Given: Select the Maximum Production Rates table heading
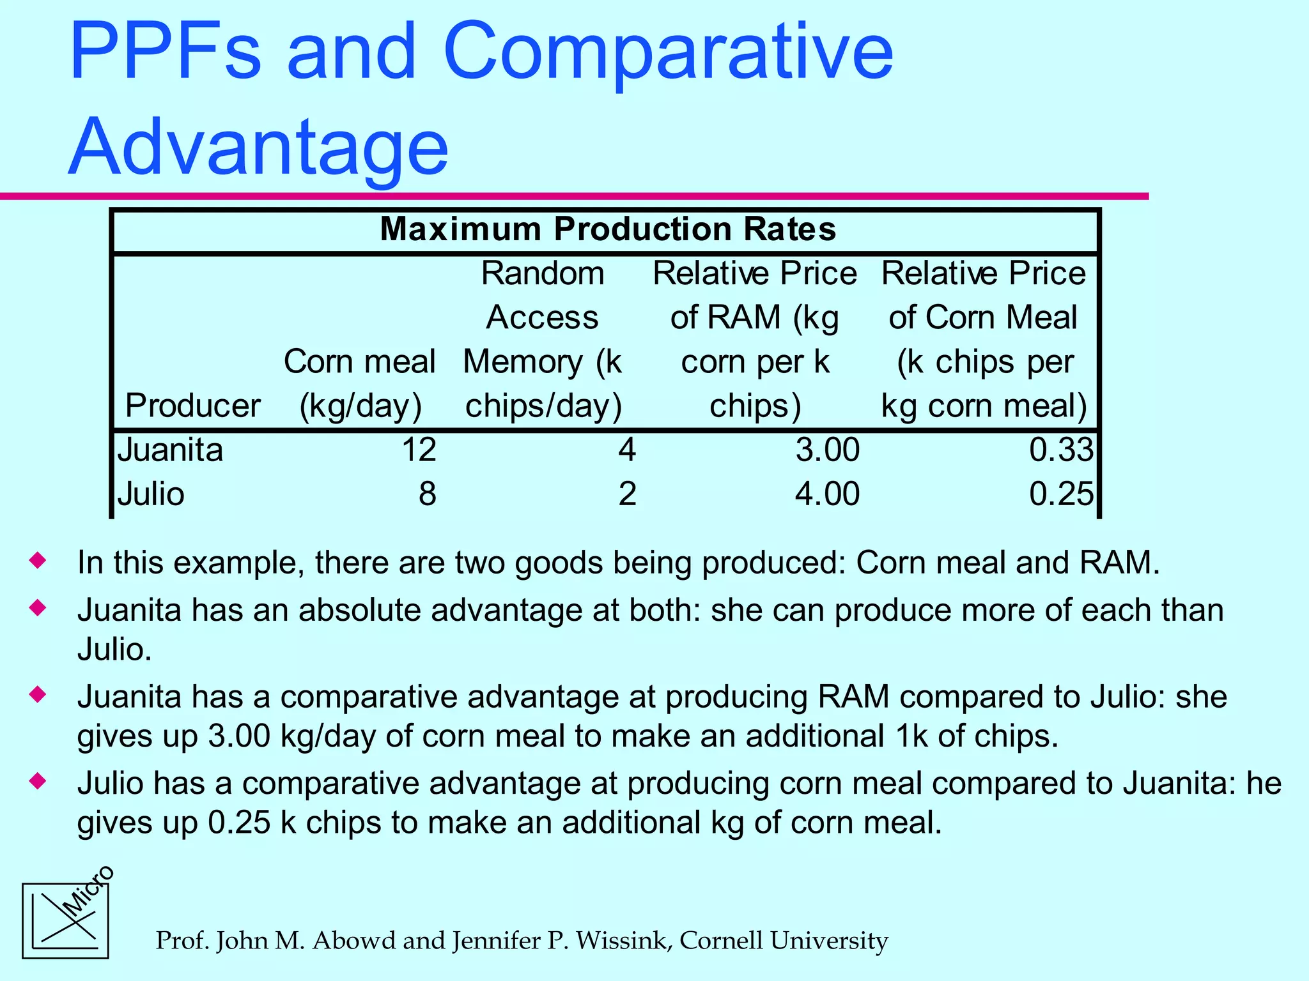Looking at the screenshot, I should tap(607, 229).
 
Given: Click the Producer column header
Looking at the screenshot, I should tap(192, 406).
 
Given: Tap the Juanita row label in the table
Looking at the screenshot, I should tap(170, 450).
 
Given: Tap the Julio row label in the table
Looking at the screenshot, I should tap(151, 494).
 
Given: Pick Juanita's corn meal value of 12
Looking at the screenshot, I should tap(419, 450).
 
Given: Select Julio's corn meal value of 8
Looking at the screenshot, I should tap(427, 494).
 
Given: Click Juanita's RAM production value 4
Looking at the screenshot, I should tap(627, 450).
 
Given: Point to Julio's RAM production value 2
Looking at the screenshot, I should tap(627, 494).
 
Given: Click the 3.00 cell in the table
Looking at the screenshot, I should tap(827, 450).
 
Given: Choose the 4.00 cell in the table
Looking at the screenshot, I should tap(827, 494).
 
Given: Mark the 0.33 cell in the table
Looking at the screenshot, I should tap(1061, 450).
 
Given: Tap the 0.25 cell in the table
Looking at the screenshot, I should tap(1061, 494).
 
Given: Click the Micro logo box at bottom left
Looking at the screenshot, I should tap(65, 920).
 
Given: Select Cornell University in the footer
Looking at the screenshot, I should tap(784, 941).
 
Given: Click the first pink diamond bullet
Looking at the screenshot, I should tap(38, 561).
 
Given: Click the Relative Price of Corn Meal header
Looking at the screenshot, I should tap(984, 338).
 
